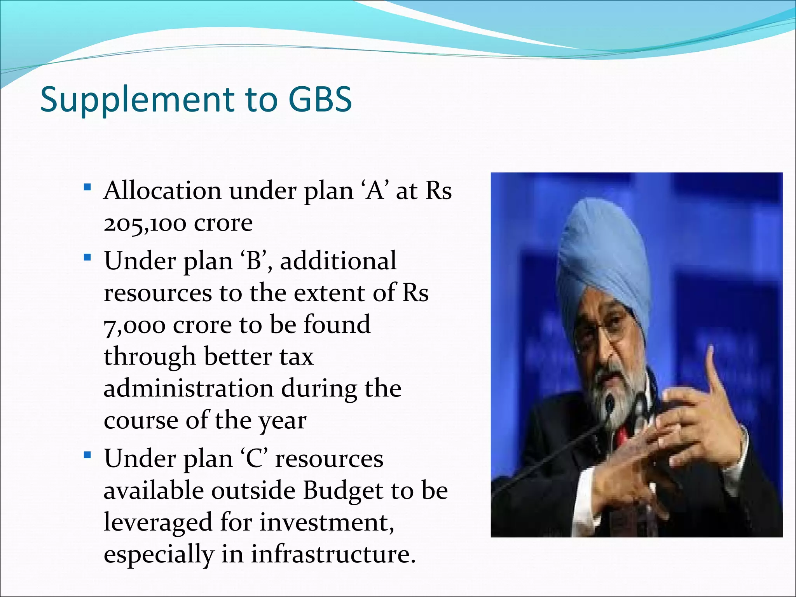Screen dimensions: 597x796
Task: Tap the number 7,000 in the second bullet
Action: pyautogui.click(x=134, y=326)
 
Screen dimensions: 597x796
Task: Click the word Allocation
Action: pyautogui.click(x=162, y=191)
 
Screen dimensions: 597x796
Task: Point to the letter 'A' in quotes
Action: pyautogui.click(x=375, y=191)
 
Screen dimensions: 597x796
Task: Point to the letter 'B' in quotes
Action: pyautogui.click(x=254, y=261)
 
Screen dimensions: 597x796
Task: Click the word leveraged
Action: pyautogui.click(x=158, y=523)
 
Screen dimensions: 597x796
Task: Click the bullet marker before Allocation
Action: pyautogui.click(x=87, y=188)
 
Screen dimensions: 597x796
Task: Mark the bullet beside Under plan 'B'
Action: pyautogui.click(x=87, y=257)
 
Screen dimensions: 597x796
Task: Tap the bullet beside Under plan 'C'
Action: pyautogui.click(x=87, y=455)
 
